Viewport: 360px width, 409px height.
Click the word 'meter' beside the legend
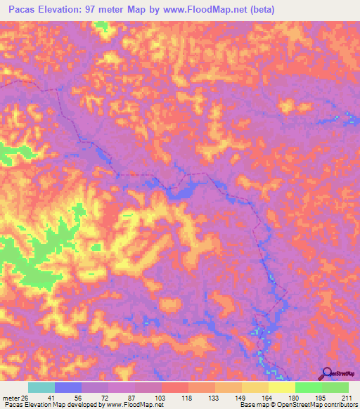pos(12,397)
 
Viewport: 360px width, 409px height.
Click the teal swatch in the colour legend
pos(41,387)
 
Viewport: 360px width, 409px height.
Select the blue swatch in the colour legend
pos(68,387)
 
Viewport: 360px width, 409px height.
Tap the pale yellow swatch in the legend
pos(282,387)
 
